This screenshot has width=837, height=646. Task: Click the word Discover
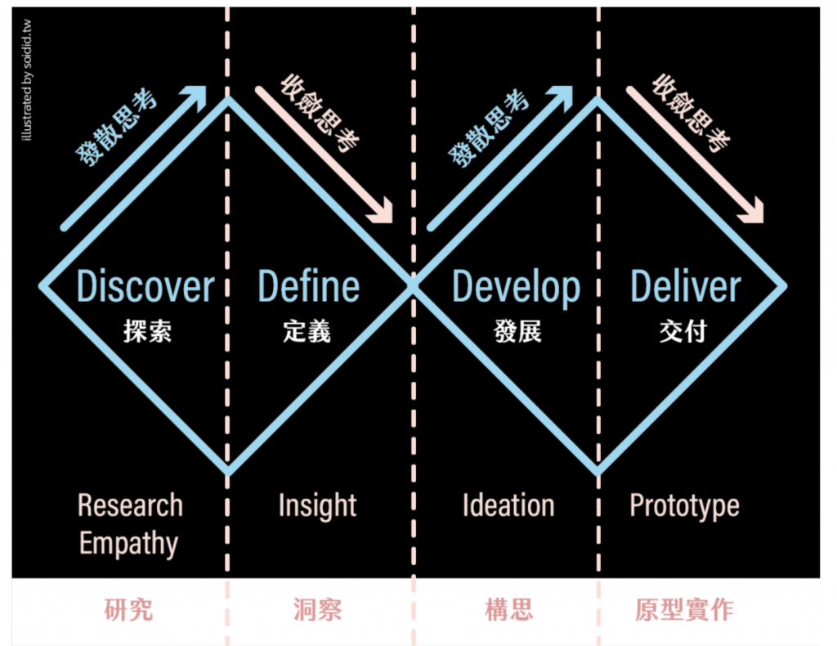point(145,287)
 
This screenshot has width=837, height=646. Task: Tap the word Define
point(308,287)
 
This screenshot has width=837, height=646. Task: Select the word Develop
point(516,287)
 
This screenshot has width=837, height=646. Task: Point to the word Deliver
point(685,287)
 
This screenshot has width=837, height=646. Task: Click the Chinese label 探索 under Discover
point(148,331)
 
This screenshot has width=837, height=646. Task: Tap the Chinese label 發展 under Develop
point(517,331)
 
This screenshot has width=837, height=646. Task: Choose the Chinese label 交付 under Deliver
point(683,331)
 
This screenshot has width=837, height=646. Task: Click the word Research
point(130,505)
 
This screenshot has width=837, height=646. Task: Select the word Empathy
point(128,544)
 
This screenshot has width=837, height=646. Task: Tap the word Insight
point(317,506)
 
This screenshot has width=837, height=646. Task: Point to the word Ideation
point(508,505)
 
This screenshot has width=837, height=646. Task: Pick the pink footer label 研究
point(128,610)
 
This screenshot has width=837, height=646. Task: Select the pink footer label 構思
point(508,610)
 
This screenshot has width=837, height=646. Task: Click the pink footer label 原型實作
point(684,610)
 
